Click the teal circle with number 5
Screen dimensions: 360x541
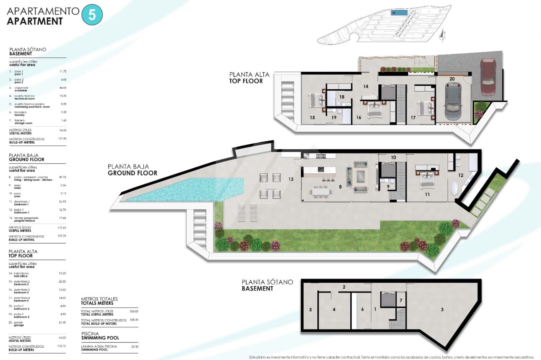tap(92, 15)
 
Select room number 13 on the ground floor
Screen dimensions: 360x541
tap(291, 179)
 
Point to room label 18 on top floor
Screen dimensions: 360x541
tap(342, 97)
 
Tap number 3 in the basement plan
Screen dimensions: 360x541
tap(442, 309)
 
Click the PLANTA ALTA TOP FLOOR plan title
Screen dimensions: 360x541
tap(249, 78)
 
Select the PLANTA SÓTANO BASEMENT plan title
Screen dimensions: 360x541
tap(267, 285)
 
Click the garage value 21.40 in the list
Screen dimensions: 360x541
tap(62, 322)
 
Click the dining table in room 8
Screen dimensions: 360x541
tap(321, 192)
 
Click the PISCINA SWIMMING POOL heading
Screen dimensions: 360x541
tap(100, 336)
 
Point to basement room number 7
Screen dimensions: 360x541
tap(401, 301)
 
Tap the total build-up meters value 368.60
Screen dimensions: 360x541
tap(134, 319)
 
